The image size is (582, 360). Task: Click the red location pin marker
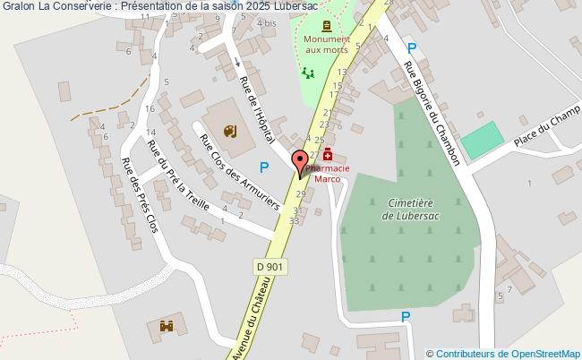(299, 164)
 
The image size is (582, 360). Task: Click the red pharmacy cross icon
(329, 153)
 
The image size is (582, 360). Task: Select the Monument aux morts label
(326, 46)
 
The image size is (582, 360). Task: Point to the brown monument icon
(326, 25)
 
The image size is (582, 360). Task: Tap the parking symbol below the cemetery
(406, 316)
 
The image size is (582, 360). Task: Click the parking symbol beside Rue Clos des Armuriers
(264, 166)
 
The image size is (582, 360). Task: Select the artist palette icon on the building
(227, 132)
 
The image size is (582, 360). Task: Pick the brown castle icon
(166, 328)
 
